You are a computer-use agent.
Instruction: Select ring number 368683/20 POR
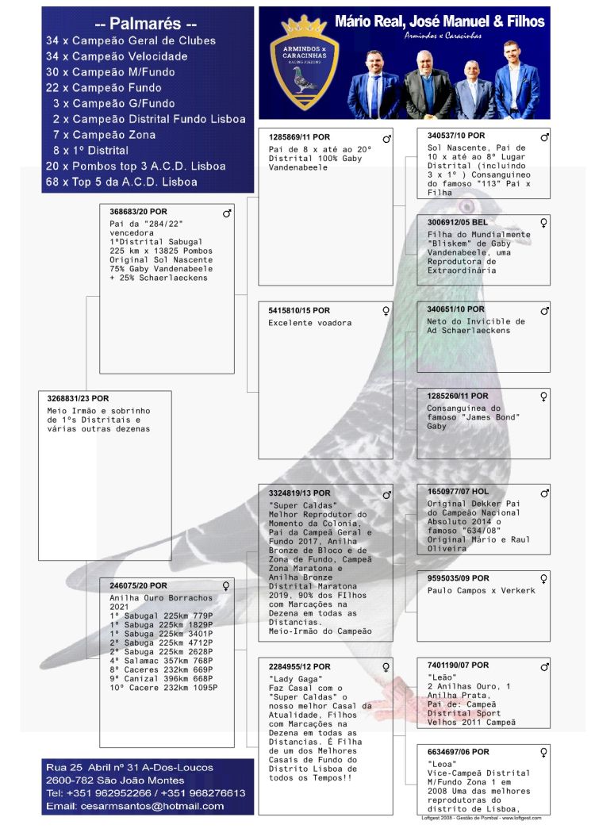pyautogui.click(x=139, y=213)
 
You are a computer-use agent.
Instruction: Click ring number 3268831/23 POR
pyautogui.click(x=78, y=398)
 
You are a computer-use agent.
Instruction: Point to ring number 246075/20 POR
pyautogui.click(x=138, y=585)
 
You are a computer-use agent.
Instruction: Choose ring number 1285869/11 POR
pyautogui.click(x=299, y=137)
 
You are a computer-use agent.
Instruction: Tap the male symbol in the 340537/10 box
pyautogui.click(x=545, y=137)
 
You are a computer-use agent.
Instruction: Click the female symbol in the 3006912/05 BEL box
pyautogui.click(x=544, y=223)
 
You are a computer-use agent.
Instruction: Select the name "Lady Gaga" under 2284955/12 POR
pyautogui.click(x=288, y=678)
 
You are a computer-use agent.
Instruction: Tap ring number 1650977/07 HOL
pyautogui.click(x=459, y=492)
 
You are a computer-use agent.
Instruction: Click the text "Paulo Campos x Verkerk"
pyautogui.click(x=481, y=590)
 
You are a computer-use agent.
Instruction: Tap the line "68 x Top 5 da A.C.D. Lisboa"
pyautogui.click(x=121, y=182)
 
